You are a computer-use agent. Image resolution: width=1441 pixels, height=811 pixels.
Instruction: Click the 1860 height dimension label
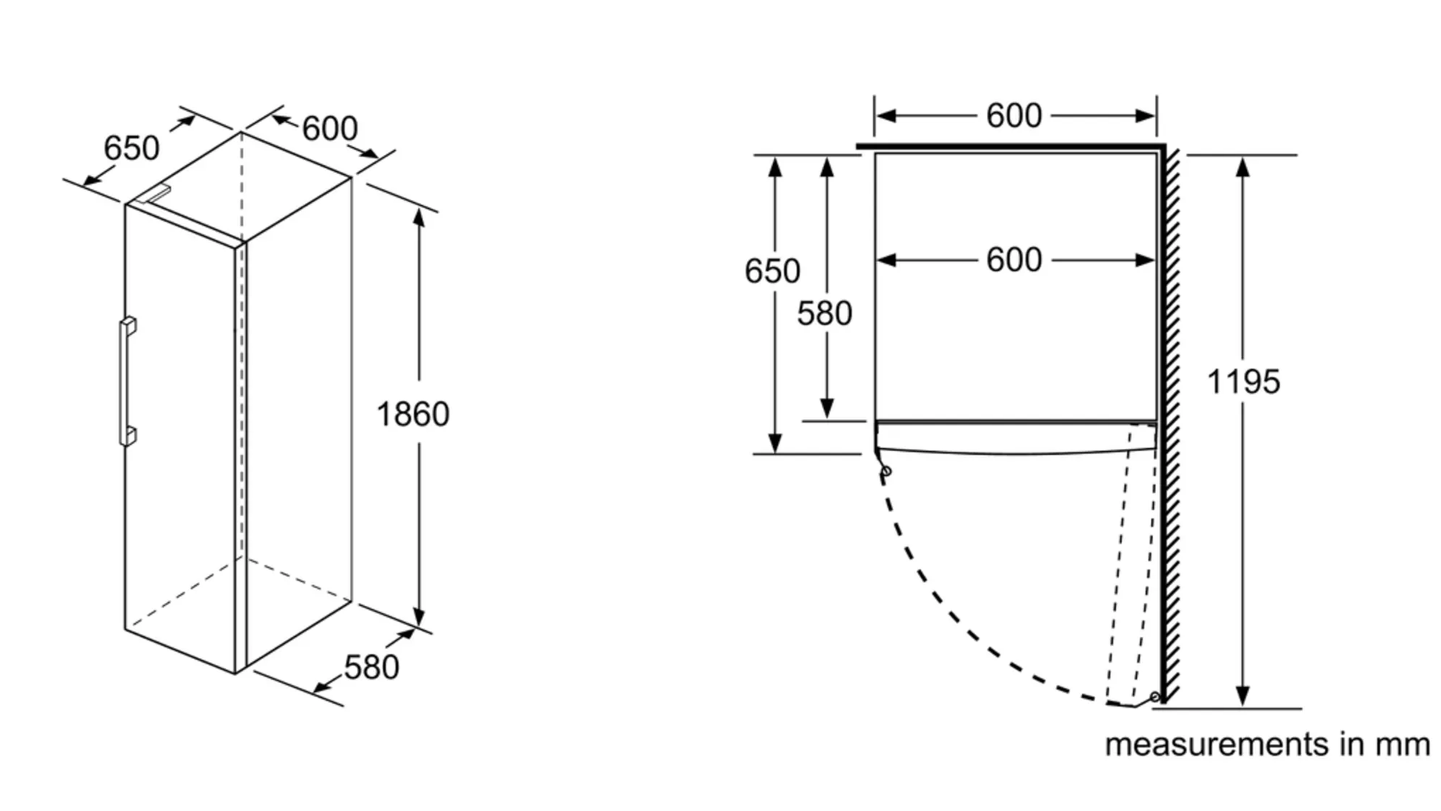coord(412,414)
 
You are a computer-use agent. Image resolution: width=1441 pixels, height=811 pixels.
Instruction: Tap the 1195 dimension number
coord(1243,382)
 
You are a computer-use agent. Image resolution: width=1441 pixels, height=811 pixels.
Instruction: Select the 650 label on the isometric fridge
coord(131,148)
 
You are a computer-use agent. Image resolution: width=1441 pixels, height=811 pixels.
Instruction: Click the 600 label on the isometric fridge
coord(330,129)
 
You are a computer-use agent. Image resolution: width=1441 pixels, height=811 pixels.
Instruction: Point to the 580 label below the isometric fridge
coord(371,668)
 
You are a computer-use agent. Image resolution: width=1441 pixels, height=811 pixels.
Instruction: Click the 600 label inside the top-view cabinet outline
coord(1014,260)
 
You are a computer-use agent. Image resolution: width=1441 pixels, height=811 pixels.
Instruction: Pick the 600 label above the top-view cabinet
coord(1014,116)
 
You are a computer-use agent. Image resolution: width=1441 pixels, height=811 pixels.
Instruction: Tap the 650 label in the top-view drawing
coord(772,271)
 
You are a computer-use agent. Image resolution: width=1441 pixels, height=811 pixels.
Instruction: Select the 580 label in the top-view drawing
coord(824,314)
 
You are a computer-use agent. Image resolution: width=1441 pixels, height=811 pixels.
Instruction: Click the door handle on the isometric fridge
coord(127,381)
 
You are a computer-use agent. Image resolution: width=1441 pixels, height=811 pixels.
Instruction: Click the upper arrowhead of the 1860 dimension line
coord(419,217)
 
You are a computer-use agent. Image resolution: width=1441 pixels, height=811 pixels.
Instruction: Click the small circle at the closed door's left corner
coord(886,471)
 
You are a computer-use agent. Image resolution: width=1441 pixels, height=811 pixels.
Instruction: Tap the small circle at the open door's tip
coord(1154,697)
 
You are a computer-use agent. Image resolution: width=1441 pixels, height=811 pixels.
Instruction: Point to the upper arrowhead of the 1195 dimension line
coord(1243,166)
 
